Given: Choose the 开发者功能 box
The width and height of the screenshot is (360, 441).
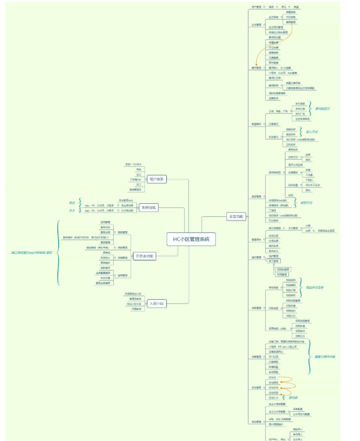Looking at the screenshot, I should tap(145, 256).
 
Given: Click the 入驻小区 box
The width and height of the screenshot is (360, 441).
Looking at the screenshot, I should tap(157, 303).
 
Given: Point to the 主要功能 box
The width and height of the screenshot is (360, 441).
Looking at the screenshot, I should tap(236, 216).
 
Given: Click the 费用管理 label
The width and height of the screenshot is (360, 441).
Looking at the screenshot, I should tap(256, 68).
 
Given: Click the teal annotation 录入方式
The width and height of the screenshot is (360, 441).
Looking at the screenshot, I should tap(311, 131).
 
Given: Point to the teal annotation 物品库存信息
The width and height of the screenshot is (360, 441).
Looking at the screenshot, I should tap(315, 287).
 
